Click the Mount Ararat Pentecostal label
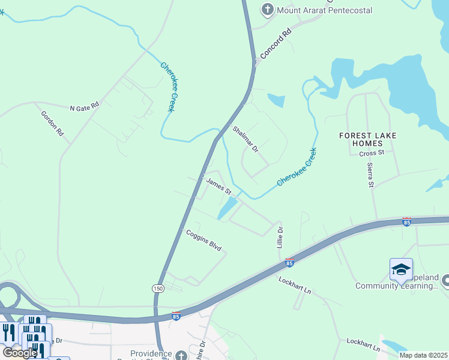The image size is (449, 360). click(325, 10)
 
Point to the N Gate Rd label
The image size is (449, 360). click(84, 107)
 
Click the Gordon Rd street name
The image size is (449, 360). click(52, 123)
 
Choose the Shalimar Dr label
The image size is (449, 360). click(245, 139)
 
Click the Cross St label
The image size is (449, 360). click(371, 154)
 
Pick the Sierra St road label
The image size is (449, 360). click(370, 173)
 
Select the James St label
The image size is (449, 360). click(218, 185)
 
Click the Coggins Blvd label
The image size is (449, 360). click(204, 240)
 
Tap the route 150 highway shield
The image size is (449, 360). click(158, 289)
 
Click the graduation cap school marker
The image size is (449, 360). click(401, 269)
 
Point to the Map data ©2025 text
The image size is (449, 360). click(424, 355)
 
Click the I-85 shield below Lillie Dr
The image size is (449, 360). click(289, 263)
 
